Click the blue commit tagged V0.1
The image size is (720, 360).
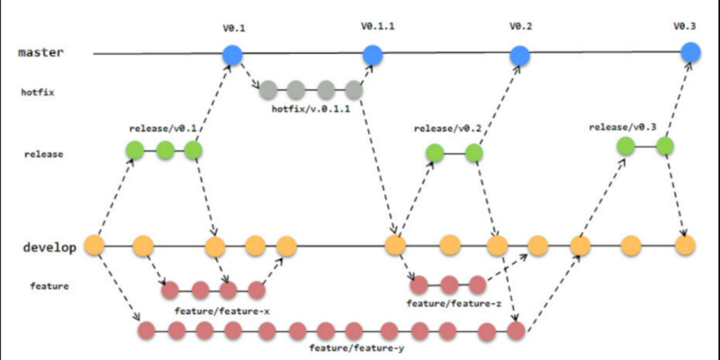tap(232, 55)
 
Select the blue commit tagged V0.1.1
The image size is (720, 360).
tap(373, 55)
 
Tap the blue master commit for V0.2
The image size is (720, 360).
tap(520, 56)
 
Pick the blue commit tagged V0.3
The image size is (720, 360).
tap(690, 52)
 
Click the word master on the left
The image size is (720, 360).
tap(40, 52)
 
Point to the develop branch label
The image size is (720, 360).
tap(49, 248)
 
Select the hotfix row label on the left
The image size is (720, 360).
tap(38, 93)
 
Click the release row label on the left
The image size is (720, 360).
tap(43, 154)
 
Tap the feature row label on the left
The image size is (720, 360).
tap(49, 286)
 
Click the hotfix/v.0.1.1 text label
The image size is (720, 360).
tap(311, 109)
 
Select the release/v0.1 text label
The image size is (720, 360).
tap(163, 129)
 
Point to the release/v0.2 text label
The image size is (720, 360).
tap(447, 129)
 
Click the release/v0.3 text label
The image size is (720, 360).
tap(623, 127)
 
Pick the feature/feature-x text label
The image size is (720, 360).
tap(221, 311)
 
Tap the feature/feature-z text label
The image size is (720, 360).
tap(454, 303)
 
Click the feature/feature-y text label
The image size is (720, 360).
tap(356, 348)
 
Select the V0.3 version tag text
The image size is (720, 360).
tap(685, 26)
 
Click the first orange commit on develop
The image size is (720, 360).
tap(94, 245)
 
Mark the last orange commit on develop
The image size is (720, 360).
tap(685, 245)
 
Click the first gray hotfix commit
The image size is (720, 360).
tap(268, 90)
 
